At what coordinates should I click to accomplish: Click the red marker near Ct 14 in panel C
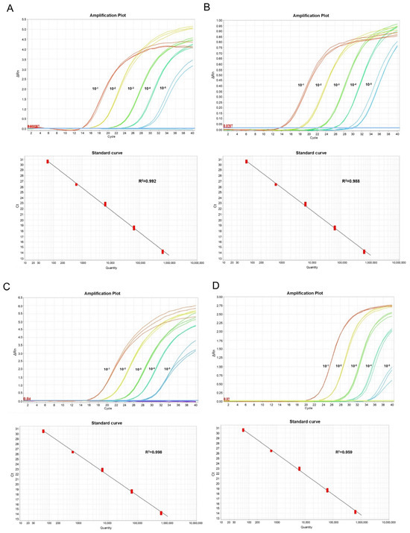161,513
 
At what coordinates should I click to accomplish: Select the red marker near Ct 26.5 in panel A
76,184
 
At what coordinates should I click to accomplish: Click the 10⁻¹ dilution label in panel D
326,366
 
